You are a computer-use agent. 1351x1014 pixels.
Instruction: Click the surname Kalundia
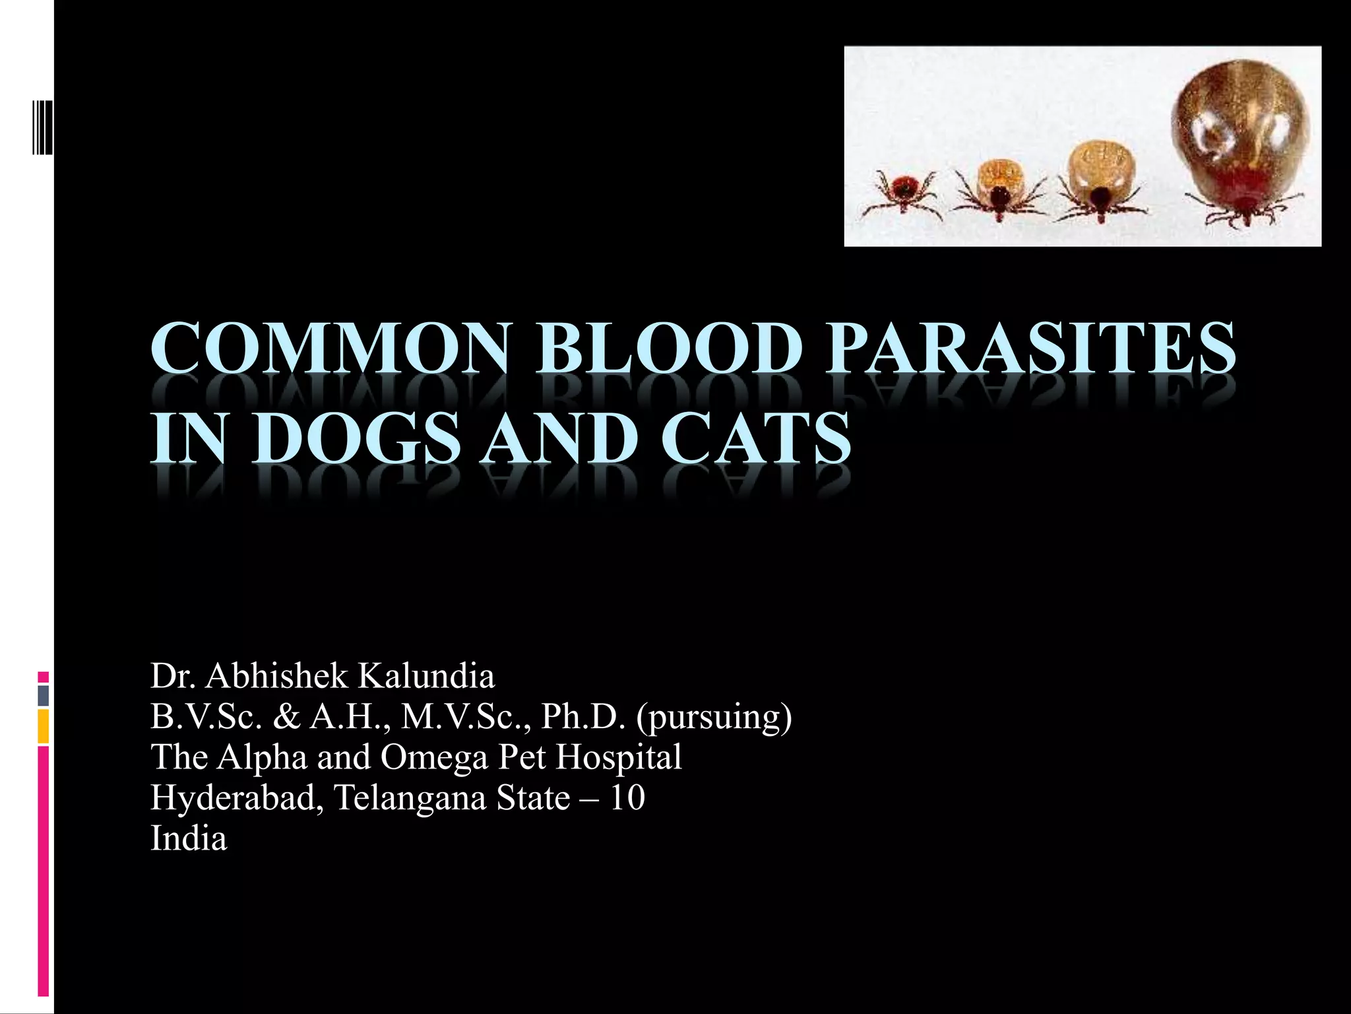click(x=425, y=675)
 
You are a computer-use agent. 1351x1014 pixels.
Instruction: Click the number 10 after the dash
click(x=627, y=797)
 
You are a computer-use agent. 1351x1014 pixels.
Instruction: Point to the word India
click(x=189, y=838)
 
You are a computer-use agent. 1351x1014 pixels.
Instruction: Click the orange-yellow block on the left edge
click(x=44, y=727)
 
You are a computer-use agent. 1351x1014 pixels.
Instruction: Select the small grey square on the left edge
click(x=44, y=695)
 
